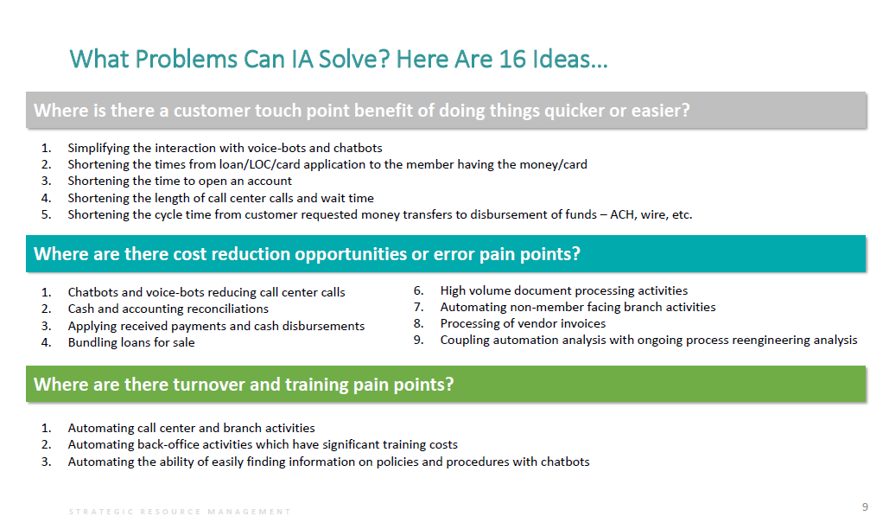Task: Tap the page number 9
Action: tap(865, 507)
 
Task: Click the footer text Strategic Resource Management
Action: tap(180, 512)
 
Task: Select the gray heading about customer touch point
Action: tap(362, 110)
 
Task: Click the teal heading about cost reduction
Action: tap(307, 253)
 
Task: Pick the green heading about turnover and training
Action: tap(244, 385)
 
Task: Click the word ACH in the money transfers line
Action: tap(623, 214)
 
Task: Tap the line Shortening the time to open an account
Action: tap(180, 181)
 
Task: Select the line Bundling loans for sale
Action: tap(131, 342)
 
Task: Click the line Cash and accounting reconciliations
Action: tap(168, 309)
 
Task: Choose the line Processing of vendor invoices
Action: tap(523, 323)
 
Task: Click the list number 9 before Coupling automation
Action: tap(418, 340)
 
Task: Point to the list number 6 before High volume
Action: tap(418, 290)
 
